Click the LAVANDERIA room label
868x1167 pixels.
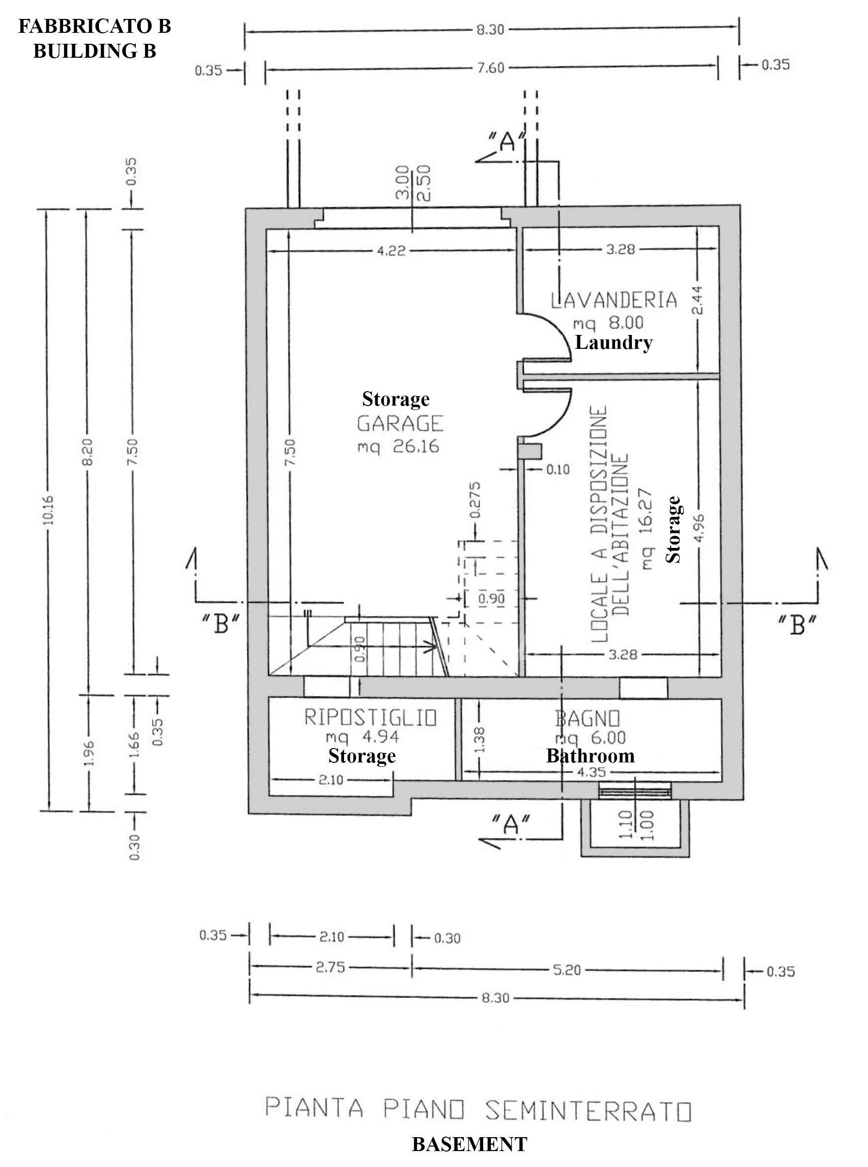pyautogui.click(x=613, y=300)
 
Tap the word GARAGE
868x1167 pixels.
pyautogui.click(x=400, y=424)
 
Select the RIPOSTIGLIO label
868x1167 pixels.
pyautogui.click(x=370, y=718)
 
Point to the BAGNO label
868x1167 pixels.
pyautogui.click(x=588, y=719)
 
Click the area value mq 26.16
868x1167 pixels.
pyautogui.click(x=398, y=446)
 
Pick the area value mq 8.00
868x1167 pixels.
pyautogui.click(x=608, y=322)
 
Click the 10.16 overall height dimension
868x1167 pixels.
pyautogui.click(x=48, y=510)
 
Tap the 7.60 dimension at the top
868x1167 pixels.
pyautogui.click(x=490, y=68)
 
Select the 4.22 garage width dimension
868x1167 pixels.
pyautogui.click(x=391, y=251)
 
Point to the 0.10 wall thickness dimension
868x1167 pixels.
pyautogui.click(x=557, y=469)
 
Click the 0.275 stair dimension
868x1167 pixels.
pyautogui.click(x=475, y=499)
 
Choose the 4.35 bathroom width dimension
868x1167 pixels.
pyautogui.click(x=591, y=772)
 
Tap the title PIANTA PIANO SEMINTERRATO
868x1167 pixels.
pyautogui.click(x=478, y=1109)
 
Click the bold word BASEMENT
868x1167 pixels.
pyautogui.click(x=469, y=1145)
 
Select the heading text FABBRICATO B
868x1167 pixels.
pyautogui.click(x=94, y=26)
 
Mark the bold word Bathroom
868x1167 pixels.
pyautogui.click(x=590, y=756)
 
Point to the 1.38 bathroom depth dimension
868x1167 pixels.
pyautogui.click(x=479, y=740)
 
